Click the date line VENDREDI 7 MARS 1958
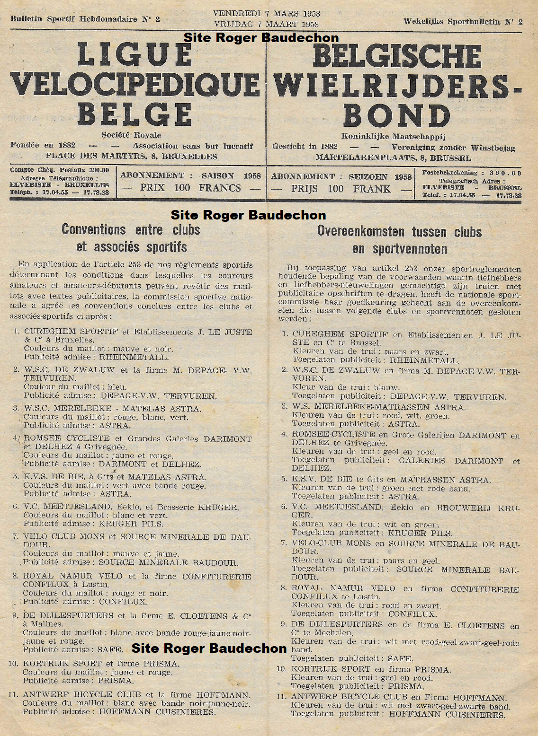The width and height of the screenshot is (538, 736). point(266,14)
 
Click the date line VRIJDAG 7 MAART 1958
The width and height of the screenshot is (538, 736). point(266,24)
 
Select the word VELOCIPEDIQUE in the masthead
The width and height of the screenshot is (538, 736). point(135,85)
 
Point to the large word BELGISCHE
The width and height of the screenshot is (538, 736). point(397,56)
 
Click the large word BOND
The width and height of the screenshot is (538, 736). point(397,116)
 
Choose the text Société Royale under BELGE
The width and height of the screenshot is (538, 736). point(131,135)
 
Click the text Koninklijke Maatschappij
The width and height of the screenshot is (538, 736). point(393,137)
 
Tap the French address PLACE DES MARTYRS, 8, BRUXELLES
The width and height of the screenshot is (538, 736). point(131,156)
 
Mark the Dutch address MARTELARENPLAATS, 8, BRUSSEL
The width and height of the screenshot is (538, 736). point(393,158)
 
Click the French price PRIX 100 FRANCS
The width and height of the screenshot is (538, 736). point(190,188)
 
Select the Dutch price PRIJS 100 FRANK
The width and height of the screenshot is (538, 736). point(341,189)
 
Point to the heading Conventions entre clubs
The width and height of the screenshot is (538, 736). point(131,230)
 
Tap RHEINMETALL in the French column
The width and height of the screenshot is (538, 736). point(134,357)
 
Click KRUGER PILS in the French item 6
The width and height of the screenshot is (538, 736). point(131,524)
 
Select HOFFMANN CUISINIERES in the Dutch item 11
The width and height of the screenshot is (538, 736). point(447,714)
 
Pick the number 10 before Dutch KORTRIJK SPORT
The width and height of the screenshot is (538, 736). point(282,669)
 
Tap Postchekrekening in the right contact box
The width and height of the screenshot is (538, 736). point(449,173)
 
